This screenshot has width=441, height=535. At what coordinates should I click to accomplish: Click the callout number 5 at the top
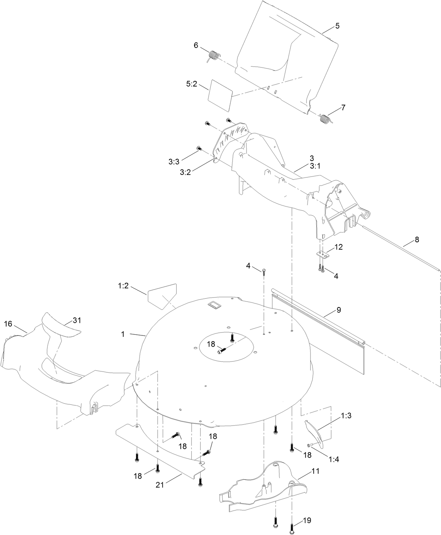[x=337, y=26]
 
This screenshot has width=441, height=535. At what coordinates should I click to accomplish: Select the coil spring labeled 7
[x=326, y=119]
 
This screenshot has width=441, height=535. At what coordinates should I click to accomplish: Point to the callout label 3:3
[x=174, y=162]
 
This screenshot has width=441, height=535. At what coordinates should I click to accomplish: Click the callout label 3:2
[x=185, y=172]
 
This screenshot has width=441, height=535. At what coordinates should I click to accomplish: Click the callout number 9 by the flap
[x=338, y=310]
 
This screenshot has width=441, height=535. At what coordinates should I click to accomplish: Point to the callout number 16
[x=8, y=324]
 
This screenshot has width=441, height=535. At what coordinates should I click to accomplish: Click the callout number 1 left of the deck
[x=123, y=334]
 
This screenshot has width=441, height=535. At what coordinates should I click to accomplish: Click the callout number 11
[x=315, y=471]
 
